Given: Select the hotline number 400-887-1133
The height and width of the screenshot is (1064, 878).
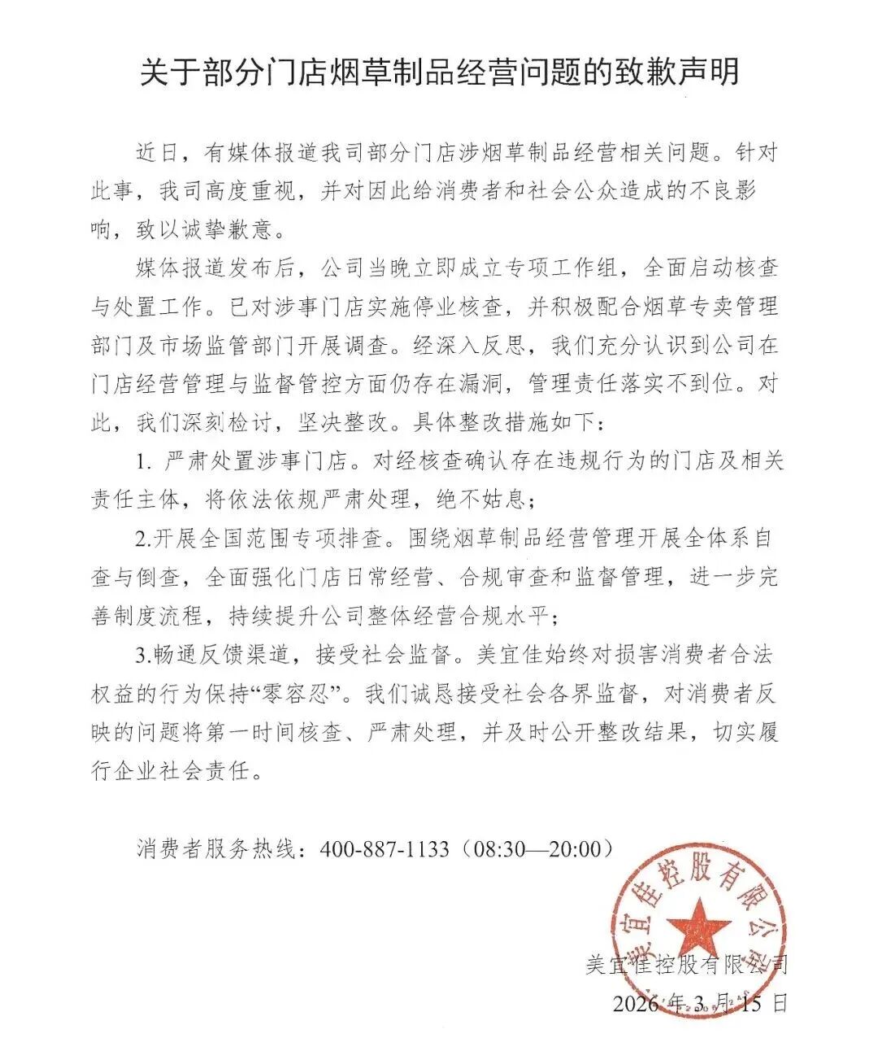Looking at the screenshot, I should click(x=385, y=849).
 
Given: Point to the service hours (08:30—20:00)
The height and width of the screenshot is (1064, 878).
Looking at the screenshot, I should click(x=536, y=849).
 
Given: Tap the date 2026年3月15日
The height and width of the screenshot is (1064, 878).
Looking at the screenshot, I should click(x=700, y=1003).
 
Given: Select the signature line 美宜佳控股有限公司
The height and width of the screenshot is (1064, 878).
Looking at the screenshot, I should click(x=687, y=966).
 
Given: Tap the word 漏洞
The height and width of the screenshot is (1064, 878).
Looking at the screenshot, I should click(x=495, y=384).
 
